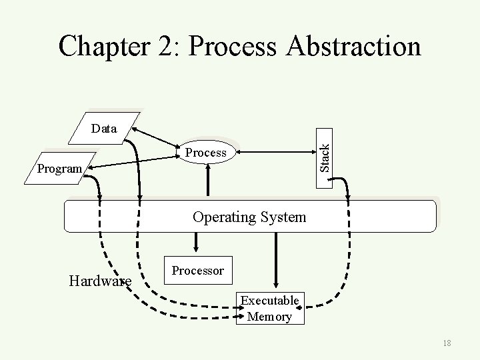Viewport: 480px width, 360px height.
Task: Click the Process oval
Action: [206, 153]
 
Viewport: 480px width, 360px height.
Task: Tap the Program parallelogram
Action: [61, 168]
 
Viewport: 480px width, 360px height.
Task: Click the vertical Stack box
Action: [324, 151]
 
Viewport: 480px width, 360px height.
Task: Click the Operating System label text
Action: [249, 217]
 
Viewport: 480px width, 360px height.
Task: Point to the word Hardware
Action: [100, 281]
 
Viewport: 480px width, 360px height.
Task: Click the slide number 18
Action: [447, 343]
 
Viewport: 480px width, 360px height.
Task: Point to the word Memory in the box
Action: [269, 317]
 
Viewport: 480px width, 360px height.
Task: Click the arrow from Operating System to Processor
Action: [193, 244]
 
